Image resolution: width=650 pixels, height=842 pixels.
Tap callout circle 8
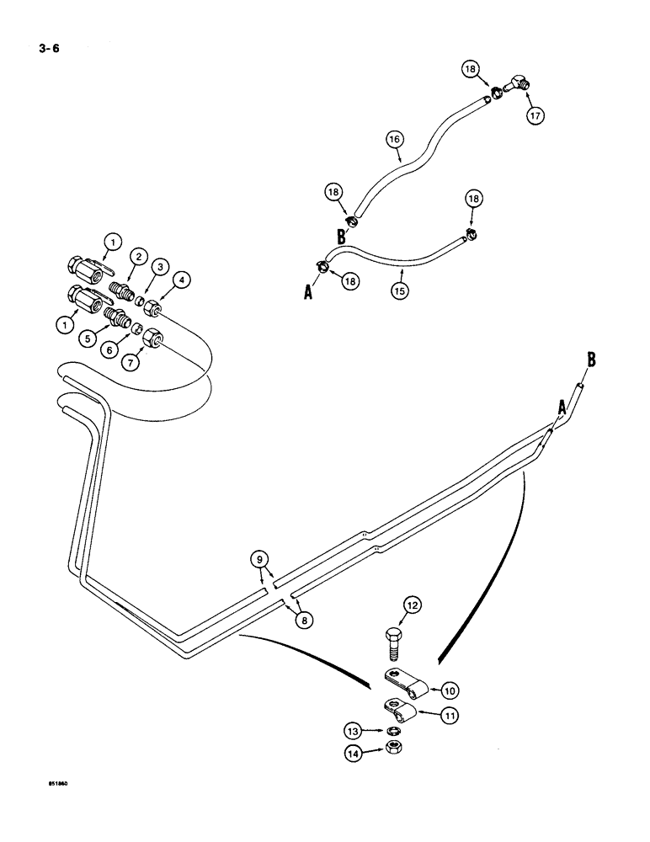(302, 619)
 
